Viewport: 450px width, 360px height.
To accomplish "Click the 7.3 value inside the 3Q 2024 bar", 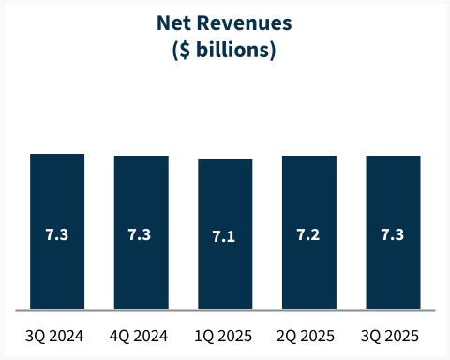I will click(57, 234).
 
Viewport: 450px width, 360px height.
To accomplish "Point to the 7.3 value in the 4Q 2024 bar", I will click(141, 234).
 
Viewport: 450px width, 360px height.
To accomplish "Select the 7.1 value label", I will click(225, 236).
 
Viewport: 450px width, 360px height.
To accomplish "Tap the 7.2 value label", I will click(309, 234).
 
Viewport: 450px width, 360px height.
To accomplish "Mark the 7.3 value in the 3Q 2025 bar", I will click(393, 234).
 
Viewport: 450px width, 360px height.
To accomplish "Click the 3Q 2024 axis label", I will click(57, 335).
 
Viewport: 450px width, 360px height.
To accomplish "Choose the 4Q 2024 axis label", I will click(141, 335).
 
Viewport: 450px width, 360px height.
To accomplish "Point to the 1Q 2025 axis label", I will click(225, 335).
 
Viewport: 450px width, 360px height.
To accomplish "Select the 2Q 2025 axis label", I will click(309, 335).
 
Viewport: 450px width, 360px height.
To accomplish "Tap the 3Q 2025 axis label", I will click(393, 335).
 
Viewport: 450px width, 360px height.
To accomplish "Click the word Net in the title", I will click(172, 23).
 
